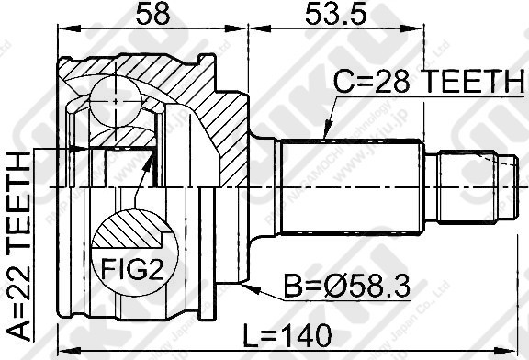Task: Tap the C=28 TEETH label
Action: coord(427,83)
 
